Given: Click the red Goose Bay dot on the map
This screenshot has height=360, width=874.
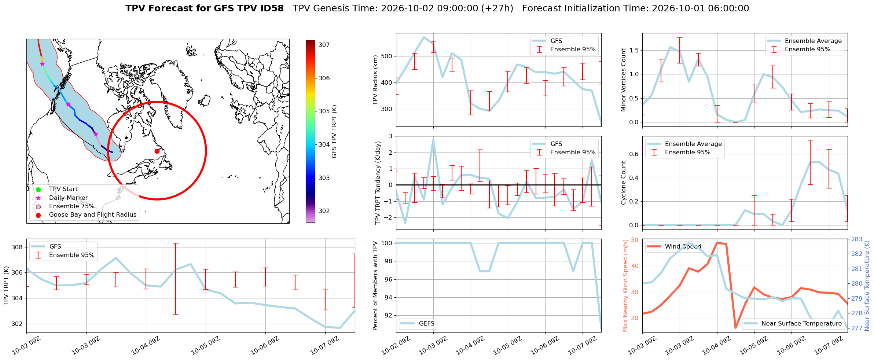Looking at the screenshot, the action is [157, 151].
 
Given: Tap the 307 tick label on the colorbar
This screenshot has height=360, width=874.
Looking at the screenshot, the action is [324, 45].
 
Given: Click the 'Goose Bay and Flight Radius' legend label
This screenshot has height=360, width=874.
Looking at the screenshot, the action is [93, 215].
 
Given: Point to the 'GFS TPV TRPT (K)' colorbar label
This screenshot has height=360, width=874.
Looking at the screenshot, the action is [334, 132].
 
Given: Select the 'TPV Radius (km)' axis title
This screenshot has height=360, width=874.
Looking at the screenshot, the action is [375, 80].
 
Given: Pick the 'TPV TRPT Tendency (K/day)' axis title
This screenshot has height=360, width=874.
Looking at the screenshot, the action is [378, 183].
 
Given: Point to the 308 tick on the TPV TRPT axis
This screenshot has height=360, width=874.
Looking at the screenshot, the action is [17, 247].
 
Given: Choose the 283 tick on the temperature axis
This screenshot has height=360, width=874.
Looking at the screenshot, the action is [857, 239].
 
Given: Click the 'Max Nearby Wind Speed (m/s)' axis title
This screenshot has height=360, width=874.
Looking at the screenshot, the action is [625, 286].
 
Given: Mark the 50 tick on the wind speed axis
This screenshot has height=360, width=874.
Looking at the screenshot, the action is [635, 240].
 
